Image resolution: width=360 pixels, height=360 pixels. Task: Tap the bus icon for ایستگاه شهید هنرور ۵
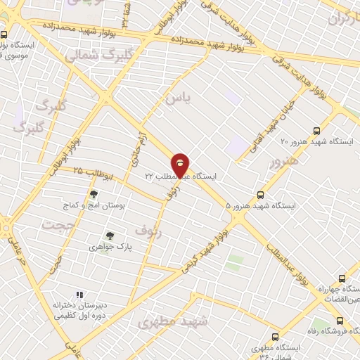pos(262,195)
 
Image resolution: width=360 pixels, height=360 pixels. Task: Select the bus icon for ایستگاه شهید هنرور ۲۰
pos(316,131)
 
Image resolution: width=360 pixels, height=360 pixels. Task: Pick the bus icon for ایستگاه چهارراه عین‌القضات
pos(342,278)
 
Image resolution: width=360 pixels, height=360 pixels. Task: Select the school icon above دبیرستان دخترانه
pos(79,295)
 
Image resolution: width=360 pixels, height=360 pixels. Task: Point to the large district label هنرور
pos(284,162)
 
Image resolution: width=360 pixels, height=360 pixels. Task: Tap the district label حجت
pos(58,225)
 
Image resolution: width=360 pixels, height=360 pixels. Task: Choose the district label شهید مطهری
pos(173,322)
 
